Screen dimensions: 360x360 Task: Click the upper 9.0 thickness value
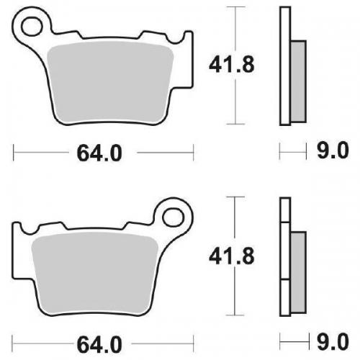click(x=333, y=152)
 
